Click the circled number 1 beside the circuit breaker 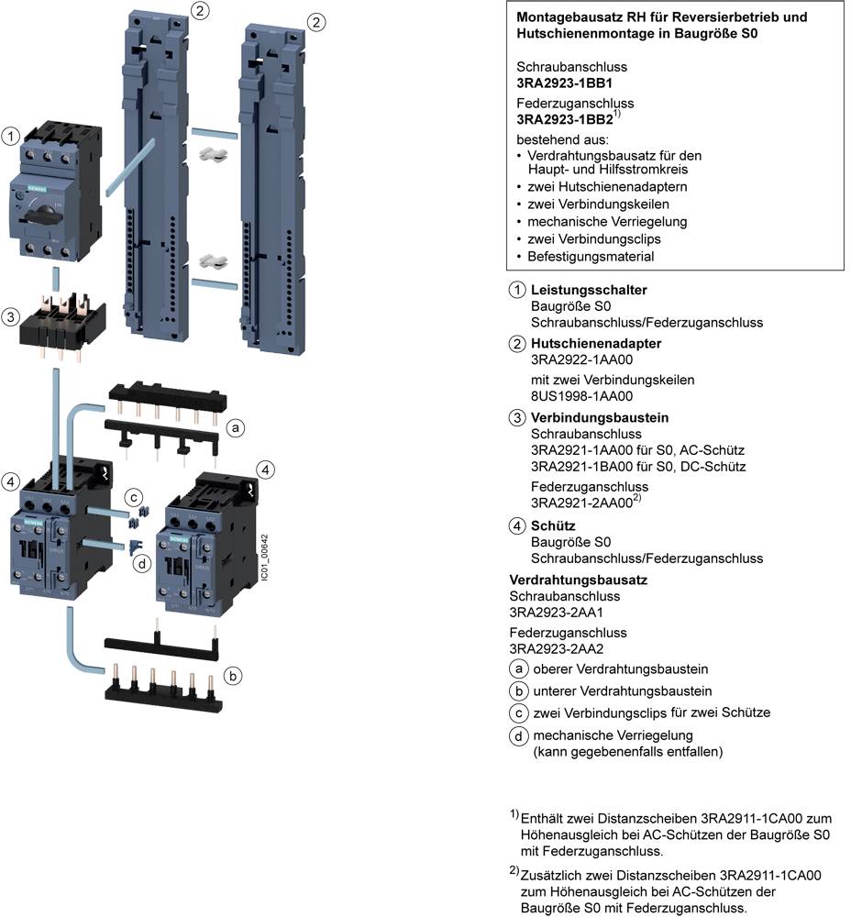point(11,136)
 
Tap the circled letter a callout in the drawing point(236,428)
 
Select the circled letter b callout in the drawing point(235,676)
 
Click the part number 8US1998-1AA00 point(581,396)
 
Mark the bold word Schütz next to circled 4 point(553,525)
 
